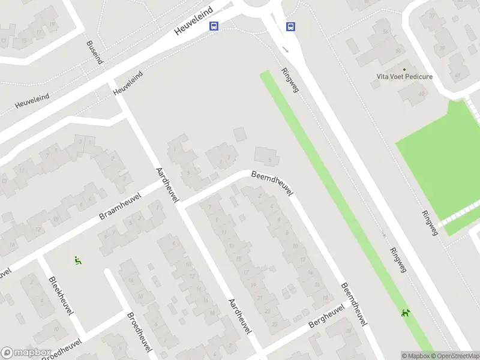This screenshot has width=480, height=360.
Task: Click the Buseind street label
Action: pyautogui.click(x=95, y=53)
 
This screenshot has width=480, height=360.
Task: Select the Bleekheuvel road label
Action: pyautogui.click(x=61, y=294)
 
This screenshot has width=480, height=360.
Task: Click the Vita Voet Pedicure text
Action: pyautogui.click(x=404, y=77)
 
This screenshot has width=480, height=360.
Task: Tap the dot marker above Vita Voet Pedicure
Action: pyautogui.click(x=404, y=68)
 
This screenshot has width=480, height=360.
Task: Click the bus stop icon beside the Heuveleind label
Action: pyautogui.click(x=214, y=26)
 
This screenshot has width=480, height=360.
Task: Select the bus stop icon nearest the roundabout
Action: pyautogui.click(x=290, y=26)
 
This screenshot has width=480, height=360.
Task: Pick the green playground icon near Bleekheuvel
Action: pyautogui.click(x=77, y=260)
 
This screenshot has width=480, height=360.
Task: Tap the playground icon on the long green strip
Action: pyautogui.click(x=406, y=312)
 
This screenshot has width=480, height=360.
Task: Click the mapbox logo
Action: pyautogui.click(x=25, y=353)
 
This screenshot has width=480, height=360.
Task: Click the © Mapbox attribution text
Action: pyautogui.click(x=416, y=356)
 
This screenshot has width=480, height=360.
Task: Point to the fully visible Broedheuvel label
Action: pyautogui.click(x=139, y=332)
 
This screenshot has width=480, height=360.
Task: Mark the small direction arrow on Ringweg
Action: pyautogui.click(x=286, y=50)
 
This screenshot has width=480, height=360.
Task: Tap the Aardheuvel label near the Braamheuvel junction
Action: pyautogui.click(x=165, y=185)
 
